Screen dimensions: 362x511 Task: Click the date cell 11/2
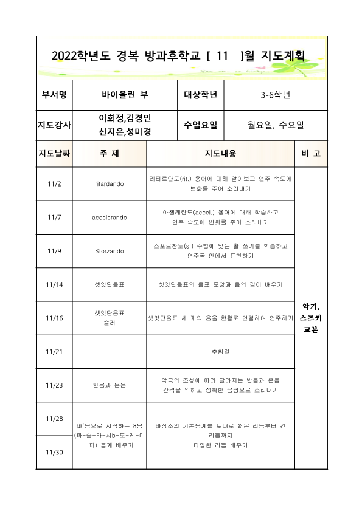click(x=54, y=183)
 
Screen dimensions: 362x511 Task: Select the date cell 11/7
click(x=54, y=217)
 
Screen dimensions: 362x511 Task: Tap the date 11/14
click(x=54, y=284)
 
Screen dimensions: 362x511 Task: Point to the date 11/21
click(x=54, y=351)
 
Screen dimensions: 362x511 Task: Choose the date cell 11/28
click(x=54, y=419)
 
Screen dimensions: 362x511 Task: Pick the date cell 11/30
click(x=54, y=452)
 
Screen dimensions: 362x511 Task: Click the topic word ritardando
click(x=110, y=183)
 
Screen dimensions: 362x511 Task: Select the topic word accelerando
click(x=110, y=217)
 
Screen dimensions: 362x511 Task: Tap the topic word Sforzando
click(x=110, y=250)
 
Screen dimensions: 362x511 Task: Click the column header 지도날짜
click(x=54, y=154)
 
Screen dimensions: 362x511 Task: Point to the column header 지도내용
click(x=220, y=154)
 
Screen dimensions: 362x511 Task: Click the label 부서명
click(x=54, y=95)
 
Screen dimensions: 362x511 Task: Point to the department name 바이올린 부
click(x=124, y=95)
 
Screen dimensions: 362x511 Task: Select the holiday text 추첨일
click(x=220, y=351)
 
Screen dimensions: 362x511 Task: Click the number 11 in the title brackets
click(x=221, y=56)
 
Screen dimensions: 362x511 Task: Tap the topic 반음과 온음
click(x=110, y=385)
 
